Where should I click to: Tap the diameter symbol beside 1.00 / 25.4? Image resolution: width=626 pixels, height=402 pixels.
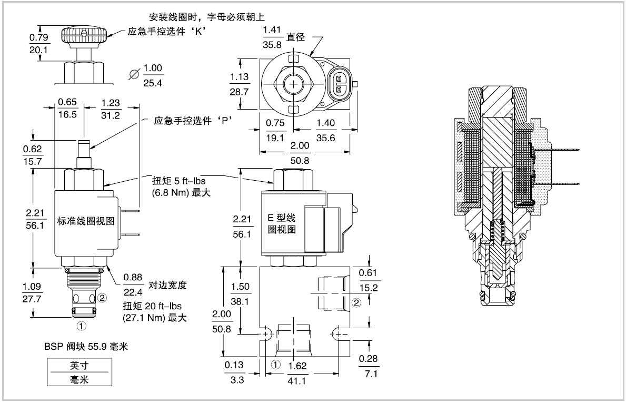tap(135, 74)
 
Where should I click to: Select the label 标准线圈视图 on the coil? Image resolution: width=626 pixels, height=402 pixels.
tap(86, 221)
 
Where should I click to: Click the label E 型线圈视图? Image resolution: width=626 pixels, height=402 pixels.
tap(282, 224)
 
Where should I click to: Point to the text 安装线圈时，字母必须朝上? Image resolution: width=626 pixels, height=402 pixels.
tap(207, 17)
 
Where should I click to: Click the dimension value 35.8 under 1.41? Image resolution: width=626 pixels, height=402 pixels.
tap(272, 45)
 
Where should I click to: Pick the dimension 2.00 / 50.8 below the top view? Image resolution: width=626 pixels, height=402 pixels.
tap(300, 153)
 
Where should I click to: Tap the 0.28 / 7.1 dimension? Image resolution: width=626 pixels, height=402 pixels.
tap(368, 366)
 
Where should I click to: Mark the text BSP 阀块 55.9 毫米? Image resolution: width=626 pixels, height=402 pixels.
tap(86, 347)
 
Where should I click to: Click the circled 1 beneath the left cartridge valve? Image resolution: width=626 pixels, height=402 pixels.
tap(82, 326)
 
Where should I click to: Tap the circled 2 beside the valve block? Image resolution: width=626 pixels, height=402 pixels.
tap(356, 302)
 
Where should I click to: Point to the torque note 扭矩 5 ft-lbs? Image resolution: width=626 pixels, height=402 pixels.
tap(179, 181)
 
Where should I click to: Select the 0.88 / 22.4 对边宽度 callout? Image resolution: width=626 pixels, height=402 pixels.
tap(154, 285)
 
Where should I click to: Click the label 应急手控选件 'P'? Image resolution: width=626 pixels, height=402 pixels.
tap(193, 121)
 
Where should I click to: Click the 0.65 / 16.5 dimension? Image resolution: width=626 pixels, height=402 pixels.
tap(67, 109)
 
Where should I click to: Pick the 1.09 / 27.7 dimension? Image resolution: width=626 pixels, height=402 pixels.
tap(32, 292)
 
